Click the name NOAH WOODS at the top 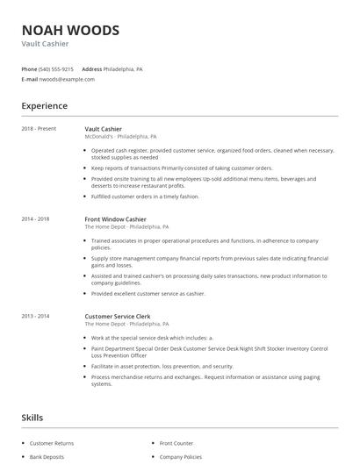tap(70, 30)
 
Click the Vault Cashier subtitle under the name tap(45, 44)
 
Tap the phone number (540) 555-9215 tap(57, 68)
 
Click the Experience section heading tap(45, 106)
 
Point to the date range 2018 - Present tap(40, 129)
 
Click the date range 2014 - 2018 tap(36, 219)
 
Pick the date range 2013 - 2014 tap(36, 316)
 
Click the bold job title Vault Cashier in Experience tap(104, 129)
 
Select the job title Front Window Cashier tap(115, 219)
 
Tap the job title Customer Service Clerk tap(118, 316)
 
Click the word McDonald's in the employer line tap(99, 137)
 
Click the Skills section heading tap(32, 418)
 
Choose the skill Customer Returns tap(52, 444)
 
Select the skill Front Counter tap(177, 444)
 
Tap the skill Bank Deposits tap(48, 457)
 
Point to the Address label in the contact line tap(92, 68)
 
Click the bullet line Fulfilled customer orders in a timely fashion tap(145, 197)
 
